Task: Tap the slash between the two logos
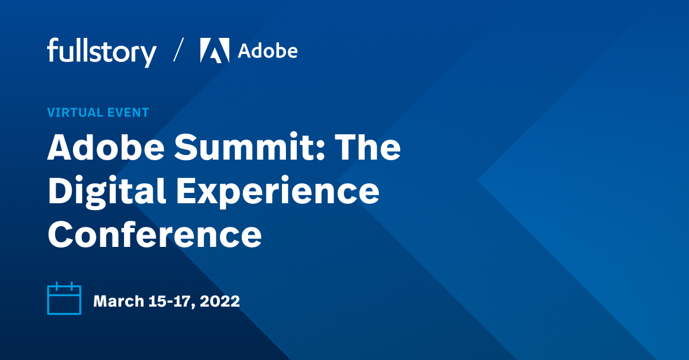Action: pyautogui.click(x=179, y=51)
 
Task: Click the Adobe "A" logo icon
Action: pyautogui.click(x=215, y=51)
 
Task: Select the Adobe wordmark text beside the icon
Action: pyautogui.click(x=268, y=51)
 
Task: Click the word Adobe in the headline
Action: pyautogui.click(x=106, y=148)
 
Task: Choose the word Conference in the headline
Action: pyautogui.click(x=154, y=234)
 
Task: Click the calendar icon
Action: pyautogui.click(x=64, y=299)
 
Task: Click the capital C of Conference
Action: pyautogui.click(x=61, y=234)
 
